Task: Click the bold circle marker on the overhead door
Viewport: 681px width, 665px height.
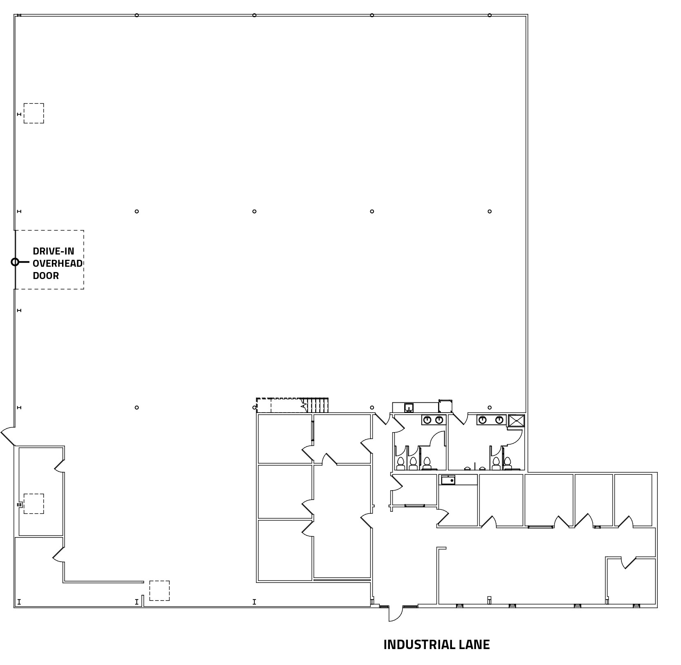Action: pyautogui.click(x=15, y=262)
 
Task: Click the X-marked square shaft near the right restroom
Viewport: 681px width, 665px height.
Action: pyautogui.click(x=516, y=421)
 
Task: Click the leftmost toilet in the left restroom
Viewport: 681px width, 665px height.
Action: pyautogui.click(x=401, y=463)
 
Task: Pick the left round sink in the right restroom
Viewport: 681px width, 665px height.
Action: pyautogui.click(x=483, y=420)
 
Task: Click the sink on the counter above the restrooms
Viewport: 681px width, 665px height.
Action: pyautogui.click(x=409, y=407)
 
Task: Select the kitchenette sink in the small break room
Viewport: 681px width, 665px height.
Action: pyautogui.click(x=448, y=480)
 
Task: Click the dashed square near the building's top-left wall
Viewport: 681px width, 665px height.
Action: pyautogui.click(x=33, y=113)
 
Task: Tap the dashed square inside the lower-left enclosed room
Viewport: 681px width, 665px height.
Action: pyautogui.click(x=33, y=504)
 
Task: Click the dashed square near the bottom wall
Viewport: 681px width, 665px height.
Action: pyautogui.click(x=159, y=591)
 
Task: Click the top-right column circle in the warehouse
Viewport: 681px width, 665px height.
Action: pyautogui.click(x=490, y=16)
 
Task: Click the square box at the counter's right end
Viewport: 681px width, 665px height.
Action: pyautogui.click(x=445, y=406)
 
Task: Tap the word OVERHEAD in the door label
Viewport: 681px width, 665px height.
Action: pyautogui.click(x=58, y=263)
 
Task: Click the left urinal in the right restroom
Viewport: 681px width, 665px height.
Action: pyautogui.click(x=467, y=468)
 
